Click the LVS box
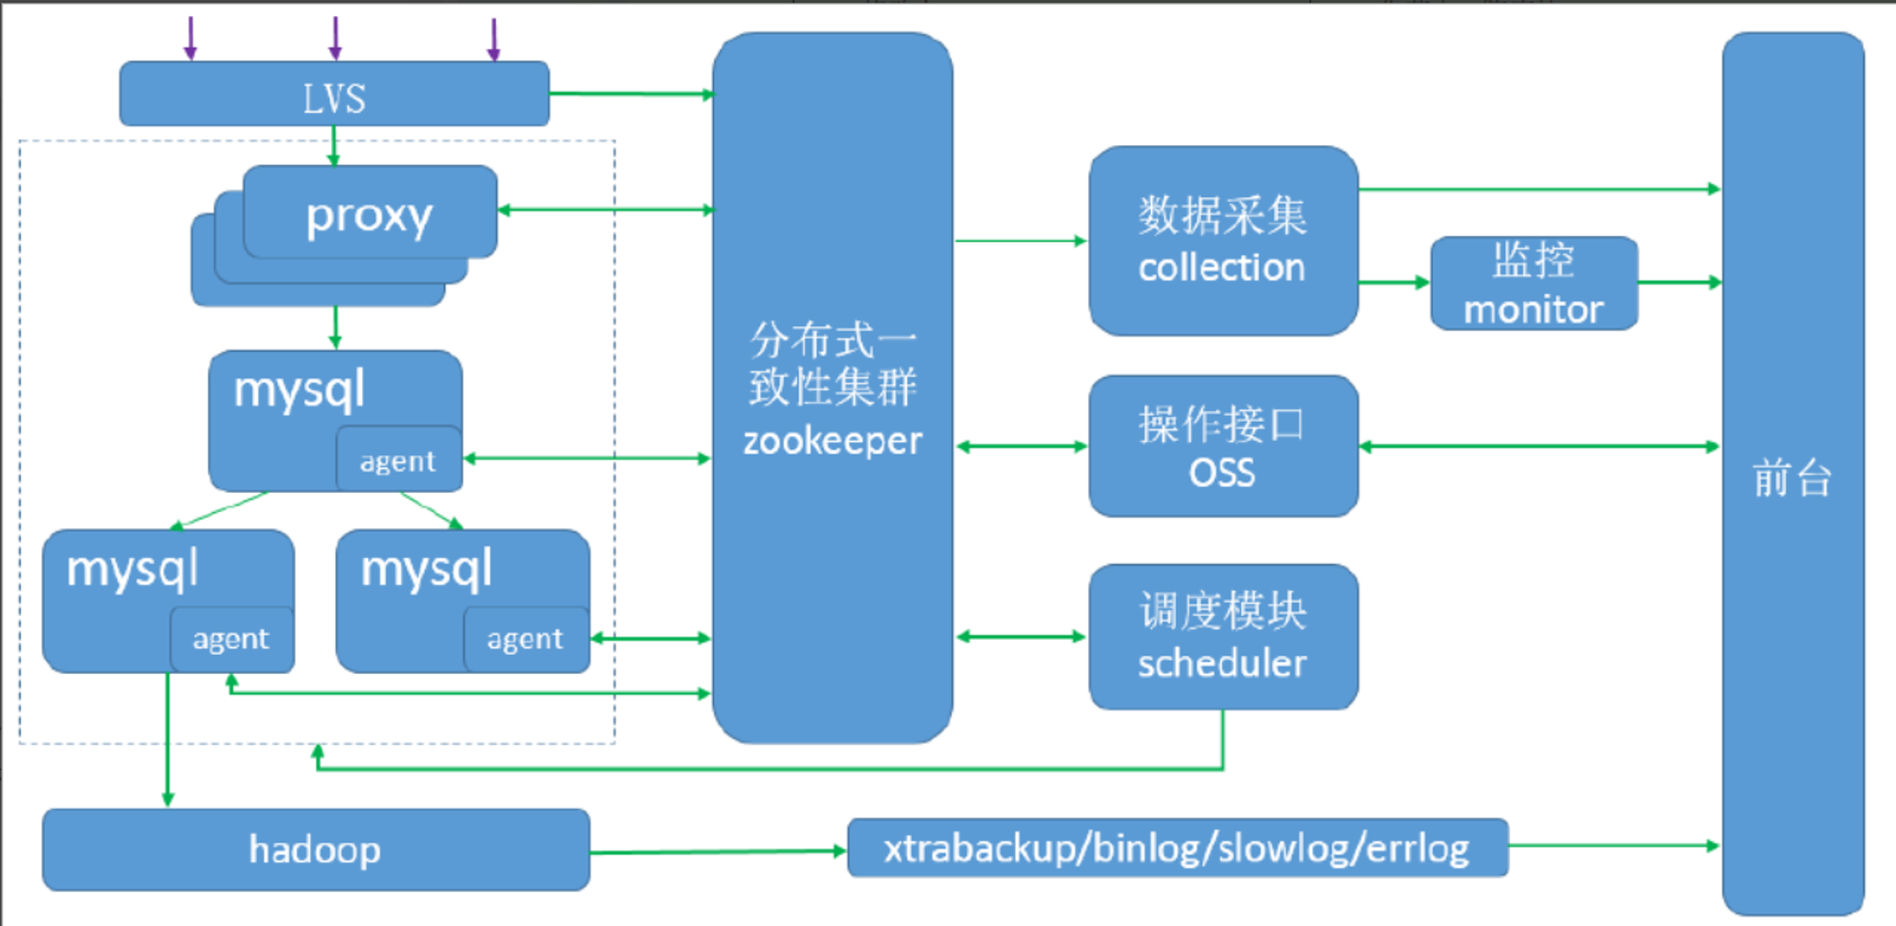[x=334, y=94]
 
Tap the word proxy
[x=369, y=216]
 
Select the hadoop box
[x=316, y=849]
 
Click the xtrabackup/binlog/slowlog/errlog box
[x=1177, y=847]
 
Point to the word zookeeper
[x=832, y=441]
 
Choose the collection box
[x=1223, y=241]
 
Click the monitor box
[x=1534, y=283]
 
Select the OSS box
[x=1223, y=446]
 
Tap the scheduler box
[x=1223, y=637]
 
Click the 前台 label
[x=1792, y=477]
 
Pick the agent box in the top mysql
[x=399, y=460]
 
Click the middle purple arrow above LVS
[x=335, y=39]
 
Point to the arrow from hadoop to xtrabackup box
[x=718, y=852]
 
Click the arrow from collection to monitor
[x=1394, y=282]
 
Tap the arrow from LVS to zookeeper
[x=631, y=94]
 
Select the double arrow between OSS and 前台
[x=1540, y=446]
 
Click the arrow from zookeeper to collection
[x=1021, y=241]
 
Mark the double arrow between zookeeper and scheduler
[x=1021, y=637]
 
